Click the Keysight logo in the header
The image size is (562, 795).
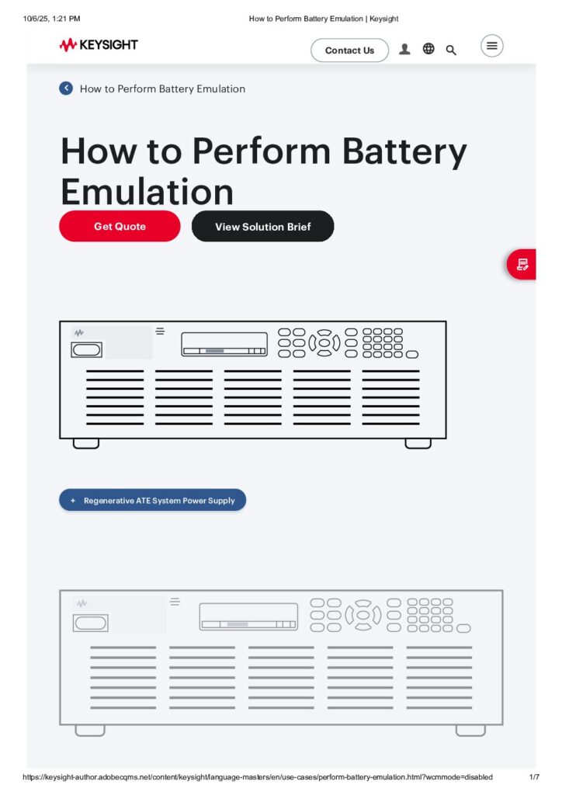click(99, 45)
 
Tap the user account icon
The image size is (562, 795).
click(404, 49)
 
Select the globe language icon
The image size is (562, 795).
click(428, 49)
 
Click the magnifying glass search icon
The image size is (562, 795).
click(451, 50)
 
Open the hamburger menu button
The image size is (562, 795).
click(491, 46)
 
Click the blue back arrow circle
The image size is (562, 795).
click(66, 89)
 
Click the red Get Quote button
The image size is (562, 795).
click(120, 226)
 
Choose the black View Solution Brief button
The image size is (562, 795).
click(262, 226)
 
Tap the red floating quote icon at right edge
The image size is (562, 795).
click(522, 265)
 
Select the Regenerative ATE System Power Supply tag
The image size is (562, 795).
click(152, 501)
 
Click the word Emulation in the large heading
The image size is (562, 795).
click(147, 191)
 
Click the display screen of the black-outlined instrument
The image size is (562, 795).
click(224, 344)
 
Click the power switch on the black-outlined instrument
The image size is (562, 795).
click(86, 350)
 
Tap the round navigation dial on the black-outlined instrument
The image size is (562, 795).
click(324, 342)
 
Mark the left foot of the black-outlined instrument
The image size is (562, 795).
click(85, 443)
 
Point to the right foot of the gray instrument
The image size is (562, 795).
click(470, 731)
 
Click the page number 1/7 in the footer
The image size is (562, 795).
click(533, 777)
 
